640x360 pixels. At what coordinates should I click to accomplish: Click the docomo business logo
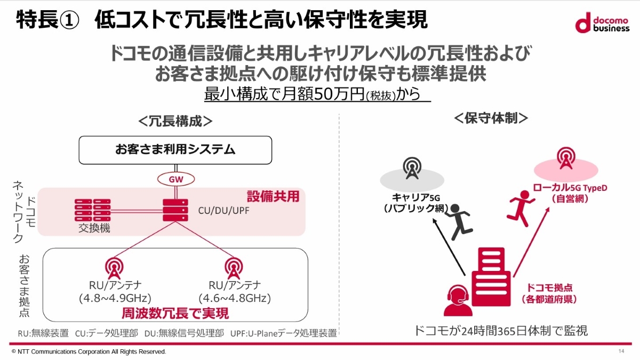[603, 23]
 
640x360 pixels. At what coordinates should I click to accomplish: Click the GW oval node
[176, 179]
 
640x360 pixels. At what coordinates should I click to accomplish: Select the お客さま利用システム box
[175, 150]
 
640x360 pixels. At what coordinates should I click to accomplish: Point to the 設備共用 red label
[273, 196]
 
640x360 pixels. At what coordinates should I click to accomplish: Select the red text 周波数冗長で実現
[175, 313]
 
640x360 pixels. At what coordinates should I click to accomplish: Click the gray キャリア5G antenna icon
[411, 169]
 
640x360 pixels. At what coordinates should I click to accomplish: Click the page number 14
[621, 351]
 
